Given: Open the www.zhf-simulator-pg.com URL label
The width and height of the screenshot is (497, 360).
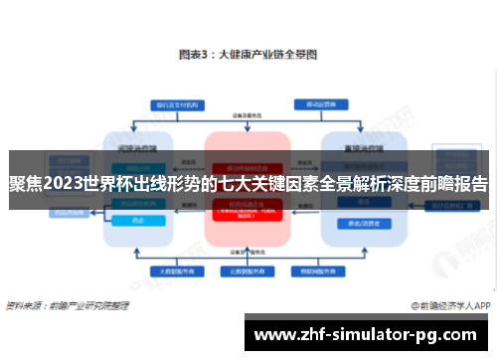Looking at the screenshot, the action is pos(367,335).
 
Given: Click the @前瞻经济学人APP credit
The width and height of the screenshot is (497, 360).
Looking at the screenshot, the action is pos(446,306).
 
